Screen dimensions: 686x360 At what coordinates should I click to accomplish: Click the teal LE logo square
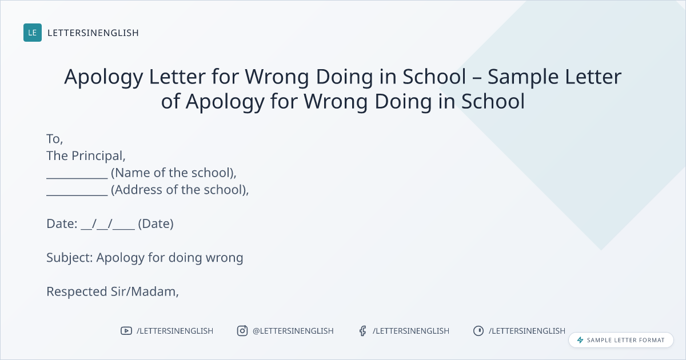33,33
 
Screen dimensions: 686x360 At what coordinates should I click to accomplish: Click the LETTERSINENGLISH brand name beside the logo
93,33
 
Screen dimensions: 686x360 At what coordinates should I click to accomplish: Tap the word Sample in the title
523,78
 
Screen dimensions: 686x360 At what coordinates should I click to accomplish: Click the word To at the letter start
53,139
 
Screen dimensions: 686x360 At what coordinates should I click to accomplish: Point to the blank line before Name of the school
77,178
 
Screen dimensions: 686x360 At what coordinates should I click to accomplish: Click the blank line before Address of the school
77,195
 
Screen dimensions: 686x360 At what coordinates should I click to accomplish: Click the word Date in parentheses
155,224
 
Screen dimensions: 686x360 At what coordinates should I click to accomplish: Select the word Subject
68,258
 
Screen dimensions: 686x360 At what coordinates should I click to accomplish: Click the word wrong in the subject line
224,258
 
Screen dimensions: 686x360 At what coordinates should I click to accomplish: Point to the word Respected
77,292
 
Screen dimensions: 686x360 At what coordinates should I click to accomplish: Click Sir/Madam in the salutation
143,292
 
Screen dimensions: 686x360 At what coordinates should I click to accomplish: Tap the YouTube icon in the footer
126,331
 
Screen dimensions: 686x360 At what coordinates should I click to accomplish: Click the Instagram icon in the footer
242,331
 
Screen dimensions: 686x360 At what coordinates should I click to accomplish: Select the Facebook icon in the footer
362,331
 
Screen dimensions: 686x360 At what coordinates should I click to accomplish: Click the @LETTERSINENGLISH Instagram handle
293,331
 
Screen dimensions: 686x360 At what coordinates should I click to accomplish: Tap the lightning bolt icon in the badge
580,340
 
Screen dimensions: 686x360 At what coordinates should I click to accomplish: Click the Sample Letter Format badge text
625,340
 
